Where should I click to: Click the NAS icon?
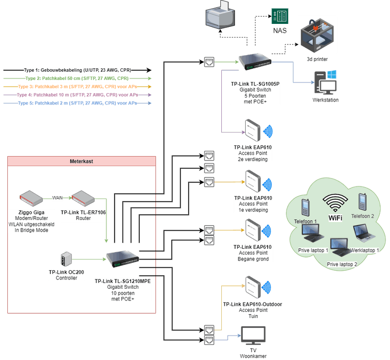(279, 16)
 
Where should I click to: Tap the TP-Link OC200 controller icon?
(65, 259)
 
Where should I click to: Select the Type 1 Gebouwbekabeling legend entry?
(77, 70)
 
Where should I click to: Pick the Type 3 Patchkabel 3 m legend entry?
(77, 87)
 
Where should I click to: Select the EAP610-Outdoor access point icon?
(253, 288)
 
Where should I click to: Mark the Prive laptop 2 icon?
(340, 249)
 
